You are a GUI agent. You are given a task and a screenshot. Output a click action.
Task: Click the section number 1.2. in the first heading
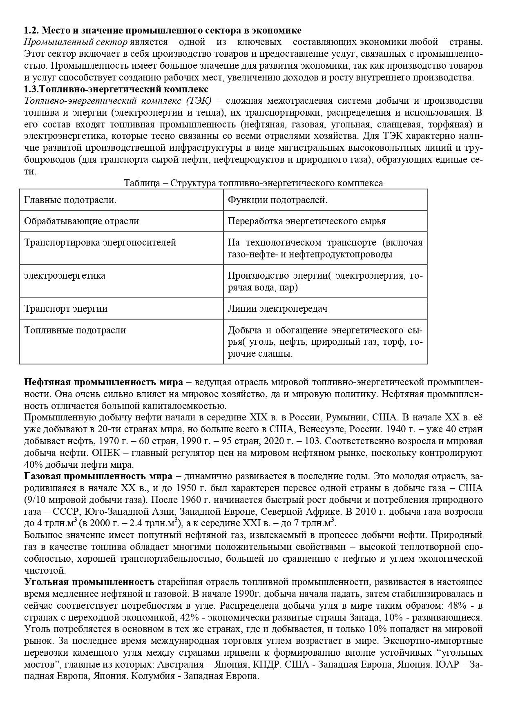(x=31, y=30)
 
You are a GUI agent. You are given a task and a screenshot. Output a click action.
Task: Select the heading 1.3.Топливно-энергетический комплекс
(x=116, y=89)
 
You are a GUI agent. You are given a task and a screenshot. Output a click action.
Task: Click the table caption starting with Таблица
(x=253, y=183)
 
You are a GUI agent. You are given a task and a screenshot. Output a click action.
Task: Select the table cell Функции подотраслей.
(x=277, y=200)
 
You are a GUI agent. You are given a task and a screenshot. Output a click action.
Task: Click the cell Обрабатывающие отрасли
(x=81, y=221)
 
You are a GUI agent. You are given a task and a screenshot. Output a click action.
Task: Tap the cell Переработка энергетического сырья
(x=306, y=221)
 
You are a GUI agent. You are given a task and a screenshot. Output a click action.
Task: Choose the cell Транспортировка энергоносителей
(x=100, y=242)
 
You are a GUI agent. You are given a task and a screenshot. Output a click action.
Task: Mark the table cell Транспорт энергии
(x=66, y=308)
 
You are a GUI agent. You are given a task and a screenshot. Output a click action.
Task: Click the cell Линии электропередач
(x=277, y=308)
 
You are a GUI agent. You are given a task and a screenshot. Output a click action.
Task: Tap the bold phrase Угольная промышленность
(x=89, y=582)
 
